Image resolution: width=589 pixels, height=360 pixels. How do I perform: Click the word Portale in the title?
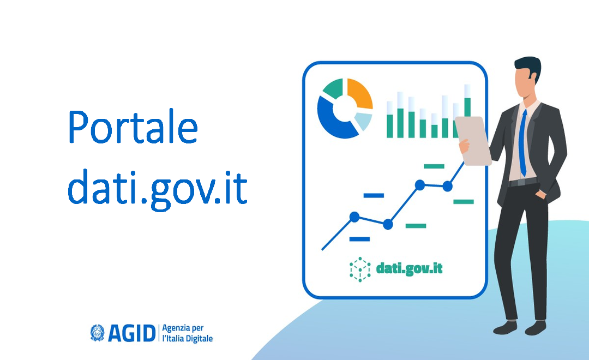133,127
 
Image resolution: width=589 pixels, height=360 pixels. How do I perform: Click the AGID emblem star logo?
98,333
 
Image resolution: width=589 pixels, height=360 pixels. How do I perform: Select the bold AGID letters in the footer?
131,333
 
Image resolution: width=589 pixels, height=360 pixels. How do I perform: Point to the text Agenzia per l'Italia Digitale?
187,333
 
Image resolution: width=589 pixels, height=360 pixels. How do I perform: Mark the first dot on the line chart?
354,217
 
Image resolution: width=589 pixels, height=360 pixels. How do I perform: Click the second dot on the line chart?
388,224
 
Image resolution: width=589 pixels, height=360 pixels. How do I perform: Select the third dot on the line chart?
420,185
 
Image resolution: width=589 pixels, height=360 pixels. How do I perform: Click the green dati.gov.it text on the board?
409,268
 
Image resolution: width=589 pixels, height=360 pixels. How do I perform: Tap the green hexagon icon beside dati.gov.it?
360,268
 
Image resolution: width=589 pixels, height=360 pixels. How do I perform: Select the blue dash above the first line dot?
374,195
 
